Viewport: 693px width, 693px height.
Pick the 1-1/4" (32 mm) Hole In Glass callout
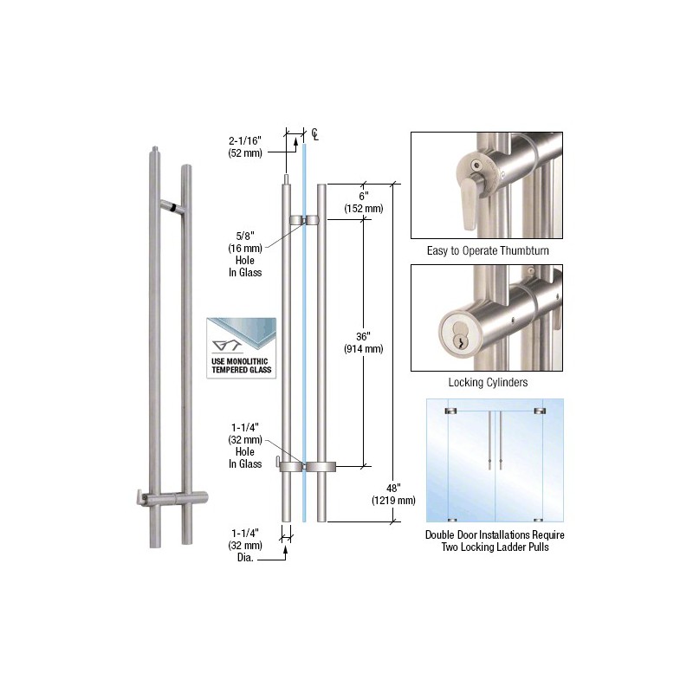coord(245,445)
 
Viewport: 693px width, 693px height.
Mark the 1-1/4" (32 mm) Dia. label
coord(245,545)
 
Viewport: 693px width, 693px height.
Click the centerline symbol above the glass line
coord(316,134)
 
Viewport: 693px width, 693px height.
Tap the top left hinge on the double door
coord(451,410)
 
